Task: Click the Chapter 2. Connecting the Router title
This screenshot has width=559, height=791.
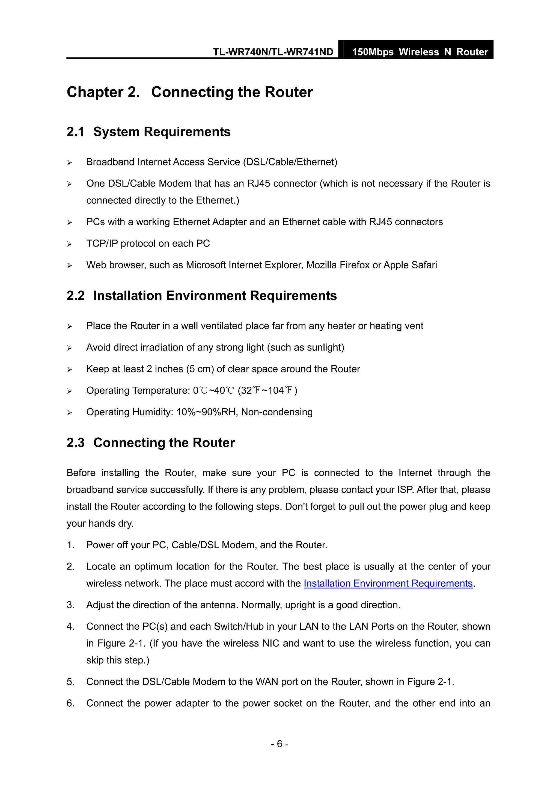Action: [x=189, y=92]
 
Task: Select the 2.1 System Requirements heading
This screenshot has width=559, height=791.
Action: [x=148, y=132]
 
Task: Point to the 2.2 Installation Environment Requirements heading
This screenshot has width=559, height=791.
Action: [x=201, y=296]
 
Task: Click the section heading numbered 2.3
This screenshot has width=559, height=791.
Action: [x=150, y=443]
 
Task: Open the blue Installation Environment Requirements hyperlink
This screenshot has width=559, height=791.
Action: [x=388, y=583]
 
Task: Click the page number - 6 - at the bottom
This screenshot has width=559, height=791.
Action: [x=279, y=744]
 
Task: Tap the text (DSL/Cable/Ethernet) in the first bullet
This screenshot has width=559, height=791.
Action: [x=290, y=162]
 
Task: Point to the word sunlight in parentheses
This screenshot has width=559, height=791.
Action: [x=324, y=347]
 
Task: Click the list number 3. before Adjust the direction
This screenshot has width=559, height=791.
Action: [x=71, y=605]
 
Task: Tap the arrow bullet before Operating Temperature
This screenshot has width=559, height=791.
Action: [x=70, y=391]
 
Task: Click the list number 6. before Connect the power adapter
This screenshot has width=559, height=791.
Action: [x=71, y=703]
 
